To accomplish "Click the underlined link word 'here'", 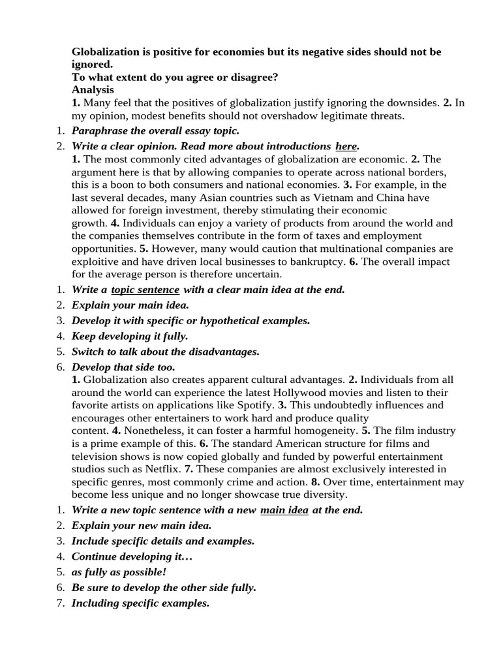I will (x=346, y=145).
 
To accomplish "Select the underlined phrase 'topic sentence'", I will (x=145, y=290).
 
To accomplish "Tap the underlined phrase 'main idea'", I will (x=284, y=510).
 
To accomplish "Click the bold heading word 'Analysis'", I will (x=93, y=90).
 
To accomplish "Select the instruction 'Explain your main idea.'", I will (x=130, y=305).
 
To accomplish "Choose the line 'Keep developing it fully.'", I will (x=130, y=336).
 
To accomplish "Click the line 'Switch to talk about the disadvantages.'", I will (x=166, y=352).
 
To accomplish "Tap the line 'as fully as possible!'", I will (x=119, y=572).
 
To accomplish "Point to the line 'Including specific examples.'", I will (x=140, y=603).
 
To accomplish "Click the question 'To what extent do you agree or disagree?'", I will (x=175, y=77).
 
